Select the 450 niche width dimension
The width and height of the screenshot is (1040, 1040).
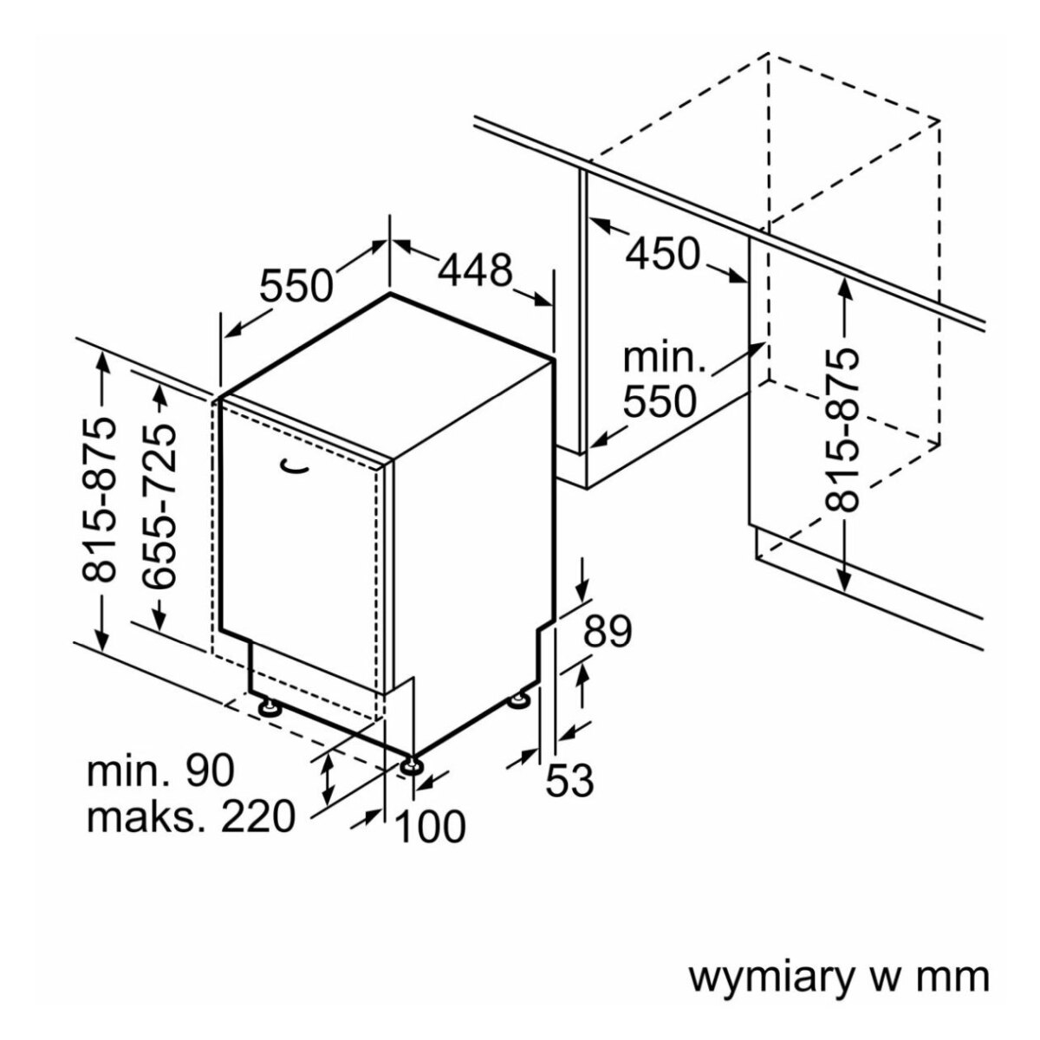[x=663, y=253]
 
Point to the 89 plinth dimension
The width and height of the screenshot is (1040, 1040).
[x=606, y=632]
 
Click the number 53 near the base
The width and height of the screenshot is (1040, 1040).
[x=569, y=781]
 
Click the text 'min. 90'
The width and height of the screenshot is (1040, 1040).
[x=161, y=770]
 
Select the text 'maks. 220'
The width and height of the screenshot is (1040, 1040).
[x=191, y=816]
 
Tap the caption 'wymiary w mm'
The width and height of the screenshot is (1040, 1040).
[x=838, y=976]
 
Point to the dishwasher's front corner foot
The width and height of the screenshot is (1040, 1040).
[x=411, y=767]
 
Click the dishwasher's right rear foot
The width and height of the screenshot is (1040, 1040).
[x=523, y=699]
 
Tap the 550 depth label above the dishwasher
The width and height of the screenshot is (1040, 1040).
[x=297, y=284]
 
